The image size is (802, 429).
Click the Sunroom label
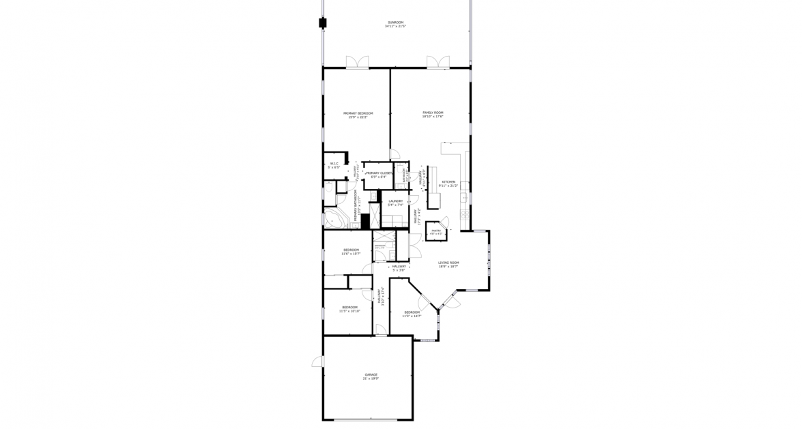[394, 23]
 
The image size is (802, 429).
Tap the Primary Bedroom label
[358, 113]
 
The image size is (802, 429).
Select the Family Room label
[433, 113]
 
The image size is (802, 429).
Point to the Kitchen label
[448, 182]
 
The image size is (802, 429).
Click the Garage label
[371, 374]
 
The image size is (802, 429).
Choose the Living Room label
[448, 263]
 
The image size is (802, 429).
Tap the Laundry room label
[396, 201]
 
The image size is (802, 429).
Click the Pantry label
[436, 231]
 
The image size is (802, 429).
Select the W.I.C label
[334, 164]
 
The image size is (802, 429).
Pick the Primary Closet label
[378, 173]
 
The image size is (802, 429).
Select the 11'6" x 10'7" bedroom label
[352, 250]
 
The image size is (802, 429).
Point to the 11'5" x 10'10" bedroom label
[350, 307]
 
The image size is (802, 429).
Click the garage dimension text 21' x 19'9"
[371, 378]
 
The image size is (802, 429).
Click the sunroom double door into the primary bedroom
[357, 63]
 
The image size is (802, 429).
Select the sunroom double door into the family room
[438, 63]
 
